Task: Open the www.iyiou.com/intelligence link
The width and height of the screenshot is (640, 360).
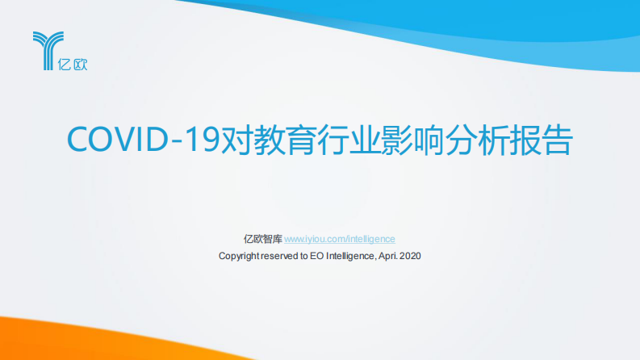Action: [x=340, y=239]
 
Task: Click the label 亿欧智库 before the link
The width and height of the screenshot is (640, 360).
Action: [x=262, y=239]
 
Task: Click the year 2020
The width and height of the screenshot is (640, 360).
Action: [x=410, y=256]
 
